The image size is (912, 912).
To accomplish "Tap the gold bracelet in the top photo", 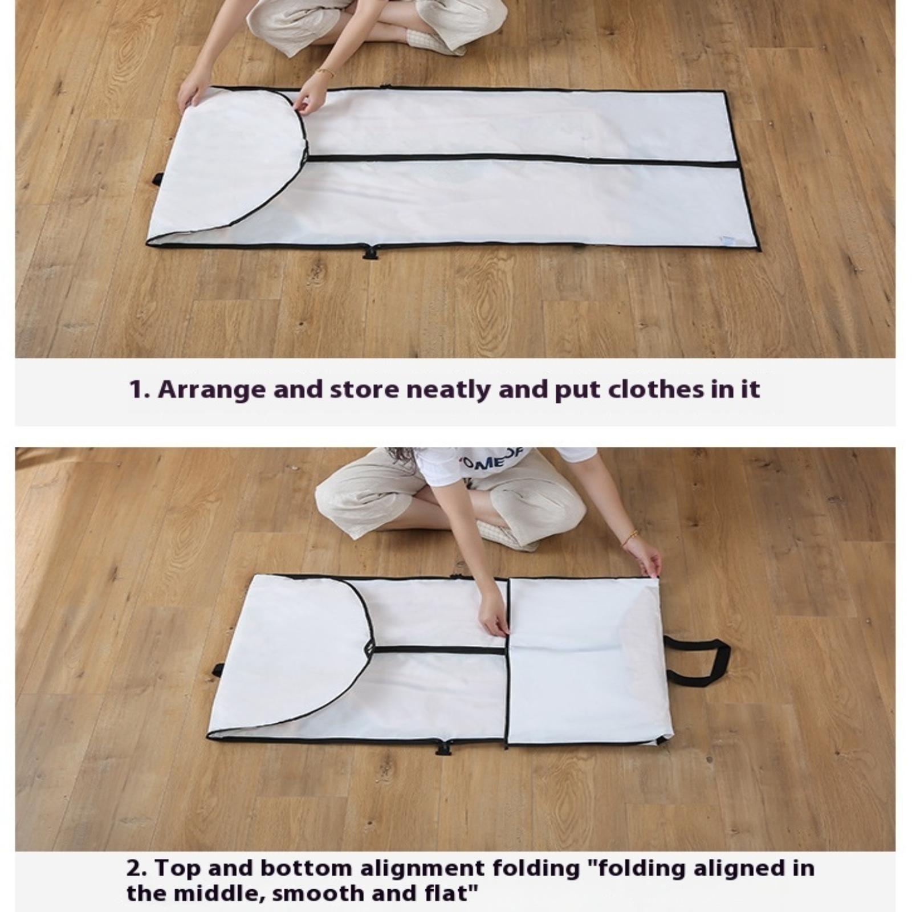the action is click(x=325, y=72).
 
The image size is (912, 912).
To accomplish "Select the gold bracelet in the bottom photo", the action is click(x=630, y=537).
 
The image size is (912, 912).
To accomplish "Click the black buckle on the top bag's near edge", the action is click(x=371, y=251).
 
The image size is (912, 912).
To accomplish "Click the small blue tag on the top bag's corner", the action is click(x=727, y=241).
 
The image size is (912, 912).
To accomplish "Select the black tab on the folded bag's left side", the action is click(x=218, y=670).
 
